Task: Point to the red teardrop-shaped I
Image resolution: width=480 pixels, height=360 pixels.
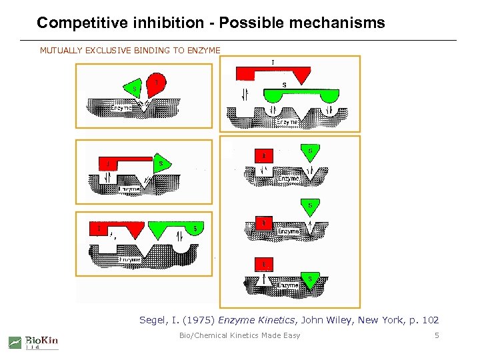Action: pyautogui.click(x=156, y=83)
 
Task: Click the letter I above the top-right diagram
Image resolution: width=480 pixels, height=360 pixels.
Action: pyautogui.click(x=273, y=62)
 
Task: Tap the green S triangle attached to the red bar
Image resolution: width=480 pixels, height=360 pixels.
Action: pyautogui.click(x=160, y=164)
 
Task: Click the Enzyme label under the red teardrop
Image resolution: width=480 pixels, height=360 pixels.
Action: pyautogui.click(x=121, y=107)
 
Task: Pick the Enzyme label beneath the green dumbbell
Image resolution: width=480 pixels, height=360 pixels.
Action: pyautogui.click(x=287, y=123)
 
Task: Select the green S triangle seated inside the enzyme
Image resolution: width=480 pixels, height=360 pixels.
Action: pyautogui.click(x=309, y=278)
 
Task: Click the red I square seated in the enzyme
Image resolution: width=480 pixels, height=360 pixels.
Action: pyautogui.click(x=264, y=223)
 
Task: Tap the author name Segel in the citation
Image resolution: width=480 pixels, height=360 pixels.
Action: pyautogui.click(x=155, y=320)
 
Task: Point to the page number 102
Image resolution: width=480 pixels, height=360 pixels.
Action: pyautogui.click(x=431, y=320)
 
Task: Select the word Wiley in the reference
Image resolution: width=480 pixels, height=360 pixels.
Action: pyautogui.click(x=339, y=320)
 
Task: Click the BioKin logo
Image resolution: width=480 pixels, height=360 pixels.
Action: pyautogui.click(x=33, y=341)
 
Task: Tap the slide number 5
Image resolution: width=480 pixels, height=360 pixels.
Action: pyautogui.click(x=437, y=335)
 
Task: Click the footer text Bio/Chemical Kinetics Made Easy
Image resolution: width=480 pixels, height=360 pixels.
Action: pyautogui.click(x=240, y=335)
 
